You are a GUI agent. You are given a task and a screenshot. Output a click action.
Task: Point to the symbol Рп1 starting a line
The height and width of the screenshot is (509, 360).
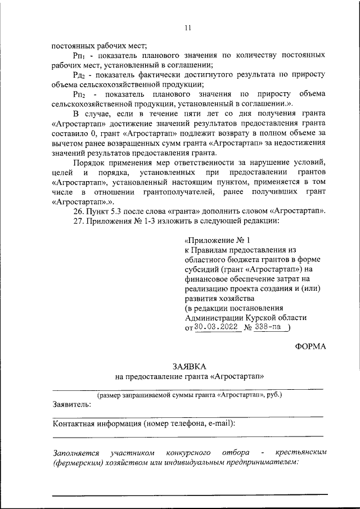(x=79, y=56)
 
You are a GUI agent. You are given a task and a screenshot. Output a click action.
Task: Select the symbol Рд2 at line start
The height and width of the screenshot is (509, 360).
(x=79, y=75)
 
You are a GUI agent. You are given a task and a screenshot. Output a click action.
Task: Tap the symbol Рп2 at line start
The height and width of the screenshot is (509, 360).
(x=79, y=94)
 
